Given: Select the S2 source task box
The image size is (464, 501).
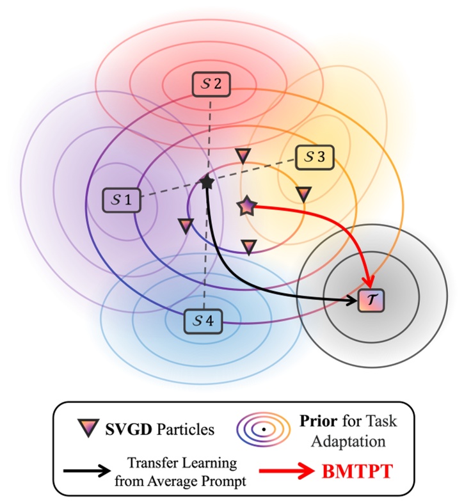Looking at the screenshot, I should coord(211,84).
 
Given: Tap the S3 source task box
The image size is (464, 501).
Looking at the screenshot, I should coord(314,157).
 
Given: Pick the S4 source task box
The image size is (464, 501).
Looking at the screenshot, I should coord(202,320).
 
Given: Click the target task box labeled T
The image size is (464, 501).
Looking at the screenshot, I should coord(371,299).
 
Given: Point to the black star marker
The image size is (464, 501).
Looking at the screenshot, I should coord(207,183).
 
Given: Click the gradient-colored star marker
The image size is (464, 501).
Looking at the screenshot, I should coord(247,206).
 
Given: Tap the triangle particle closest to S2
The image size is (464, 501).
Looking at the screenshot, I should coord(243,155).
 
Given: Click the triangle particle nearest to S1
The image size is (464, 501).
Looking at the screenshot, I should coord(185,225).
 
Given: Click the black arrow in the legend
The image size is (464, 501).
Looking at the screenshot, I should coord(87,472).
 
